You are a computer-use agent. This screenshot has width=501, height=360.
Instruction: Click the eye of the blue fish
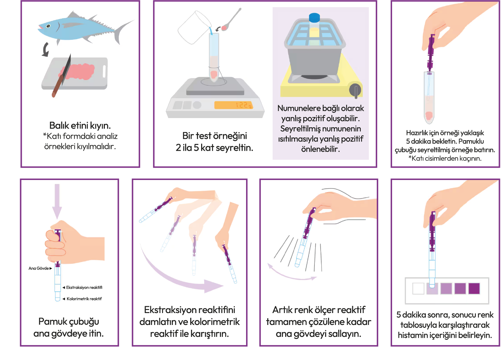tap(48, 26)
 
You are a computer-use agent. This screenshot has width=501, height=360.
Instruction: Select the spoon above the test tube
tap(231, 20)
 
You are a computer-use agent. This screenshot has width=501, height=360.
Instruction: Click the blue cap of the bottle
tap(314, 18)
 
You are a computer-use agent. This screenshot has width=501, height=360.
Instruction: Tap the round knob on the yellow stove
tap(356, 90)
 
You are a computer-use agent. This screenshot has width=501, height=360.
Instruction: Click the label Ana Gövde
tap(39, 268)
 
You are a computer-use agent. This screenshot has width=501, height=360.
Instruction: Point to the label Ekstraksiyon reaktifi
tap(84, 288)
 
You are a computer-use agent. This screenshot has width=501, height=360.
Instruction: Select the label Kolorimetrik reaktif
tap(84, 299)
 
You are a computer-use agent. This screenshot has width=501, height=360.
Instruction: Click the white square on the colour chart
tap(418, 289)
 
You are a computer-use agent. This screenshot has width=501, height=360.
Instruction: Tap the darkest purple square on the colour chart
tap(474, 289)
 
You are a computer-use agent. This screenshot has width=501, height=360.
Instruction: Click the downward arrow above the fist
tap(57, 201)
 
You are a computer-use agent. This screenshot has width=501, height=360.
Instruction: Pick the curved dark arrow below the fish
tap(46, 49)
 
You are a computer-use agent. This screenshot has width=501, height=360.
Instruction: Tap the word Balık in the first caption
tap(59, 126)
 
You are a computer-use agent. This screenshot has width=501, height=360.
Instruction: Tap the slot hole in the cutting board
tap(104, 71)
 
